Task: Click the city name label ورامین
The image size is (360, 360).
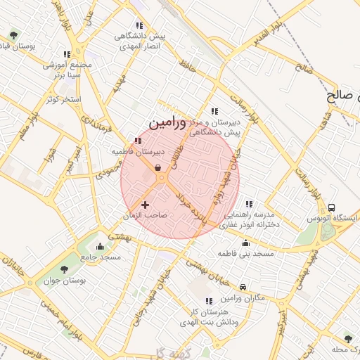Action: pos(168,123)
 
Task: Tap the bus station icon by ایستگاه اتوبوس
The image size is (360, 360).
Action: pos(331,207)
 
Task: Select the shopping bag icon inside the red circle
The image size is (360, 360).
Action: pos(157,167)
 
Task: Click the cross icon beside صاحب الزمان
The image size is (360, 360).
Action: pos(145,205)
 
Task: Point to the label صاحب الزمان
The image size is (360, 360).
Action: pos(146,216)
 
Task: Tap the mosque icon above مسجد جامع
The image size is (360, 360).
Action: pos(100,246)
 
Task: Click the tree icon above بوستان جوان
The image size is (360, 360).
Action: pos(65,269)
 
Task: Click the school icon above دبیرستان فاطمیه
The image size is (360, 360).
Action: pos(137,141)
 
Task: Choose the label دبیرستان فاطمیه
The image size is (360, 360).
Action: pos(138,151)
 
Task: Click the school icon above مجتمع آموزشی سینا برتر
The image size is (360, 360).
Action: pos(67,54)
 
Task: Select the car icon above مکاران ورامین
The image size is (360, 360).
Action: pos(243,288)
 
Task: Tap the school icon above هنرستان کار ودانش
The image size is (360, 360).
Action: pos(209,301)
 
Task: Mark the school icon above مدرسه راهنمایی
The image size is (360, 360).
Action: pos(249,204)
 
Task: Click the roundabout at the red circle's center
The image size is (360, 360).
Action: pos(162,179)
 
